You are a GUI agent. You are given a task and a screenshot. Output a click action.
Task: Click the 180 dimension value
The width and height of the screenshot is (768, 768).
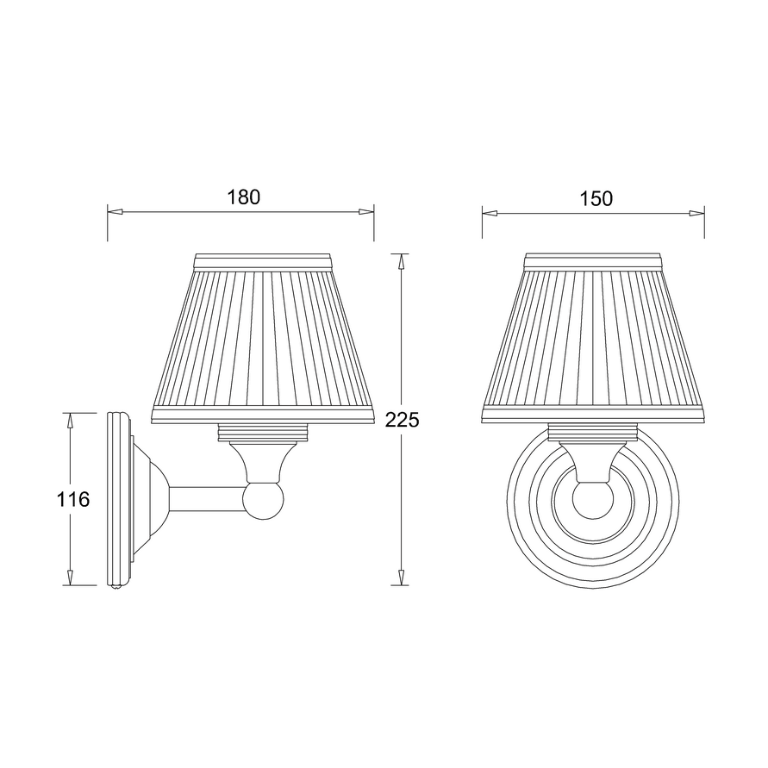[x=243, y=197]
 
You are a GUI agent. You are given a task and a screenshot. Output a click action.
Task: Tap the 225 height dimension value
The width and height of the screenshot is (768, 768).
[x=402, y=420]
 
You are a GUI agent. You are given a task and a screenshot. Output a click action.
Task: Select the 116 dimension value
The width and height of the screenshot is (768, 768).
[x=72, y=499]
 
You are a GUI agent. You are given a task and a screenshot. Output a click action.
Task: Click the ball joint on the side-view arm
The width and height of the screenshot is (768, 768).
[x=263, y=500]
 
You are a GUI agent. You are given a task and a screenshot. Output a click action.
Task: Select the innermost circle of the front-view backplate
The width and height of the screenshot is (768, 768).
[x=594, y=509]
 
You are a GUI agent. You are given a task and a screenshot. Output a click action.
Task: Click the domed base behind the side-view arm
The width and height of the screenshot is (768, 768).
[x=151, y=499]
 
